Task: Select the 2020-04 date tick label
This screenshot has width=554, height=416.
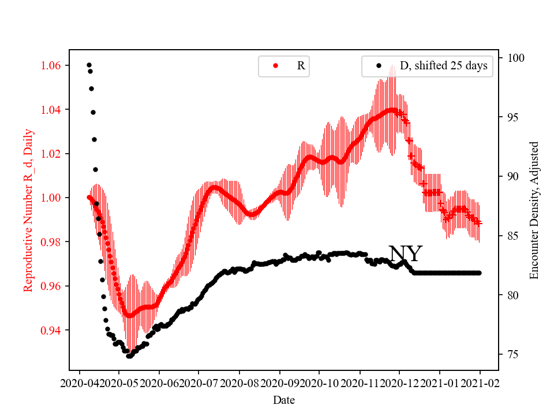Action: pyautogui.click(x=80, y=382)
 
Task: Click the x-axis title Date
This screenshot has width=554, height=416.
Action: pyautogui.click(x=284, y=399)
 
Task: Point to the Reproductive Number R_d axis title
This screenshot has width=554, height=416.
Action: pyautogui.click(x=28, y=210)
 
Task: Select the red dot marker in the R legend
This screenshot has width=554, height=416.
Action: pyautogui.click(x=275, y=66)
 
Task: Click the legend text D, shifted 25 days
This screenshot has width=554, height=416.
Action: pyautogui.click(x=443, y=66)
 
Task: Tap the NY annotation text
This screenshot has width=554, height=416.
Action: pyautogui.click(x=405, y=254)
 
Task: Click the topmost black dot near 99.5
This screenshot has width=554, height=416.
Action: pyautogui.click(x=89, y=65)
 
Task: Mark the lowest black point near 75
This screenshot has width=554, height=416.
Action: pyautogui.click(x=129, y=356)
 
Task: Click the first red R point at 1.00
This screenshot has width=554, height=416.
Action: pyautogui.click(x=89, y=197)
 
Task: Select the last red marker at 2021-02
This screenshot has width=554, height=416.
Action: pyautogui.click(x=479, y=223)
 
